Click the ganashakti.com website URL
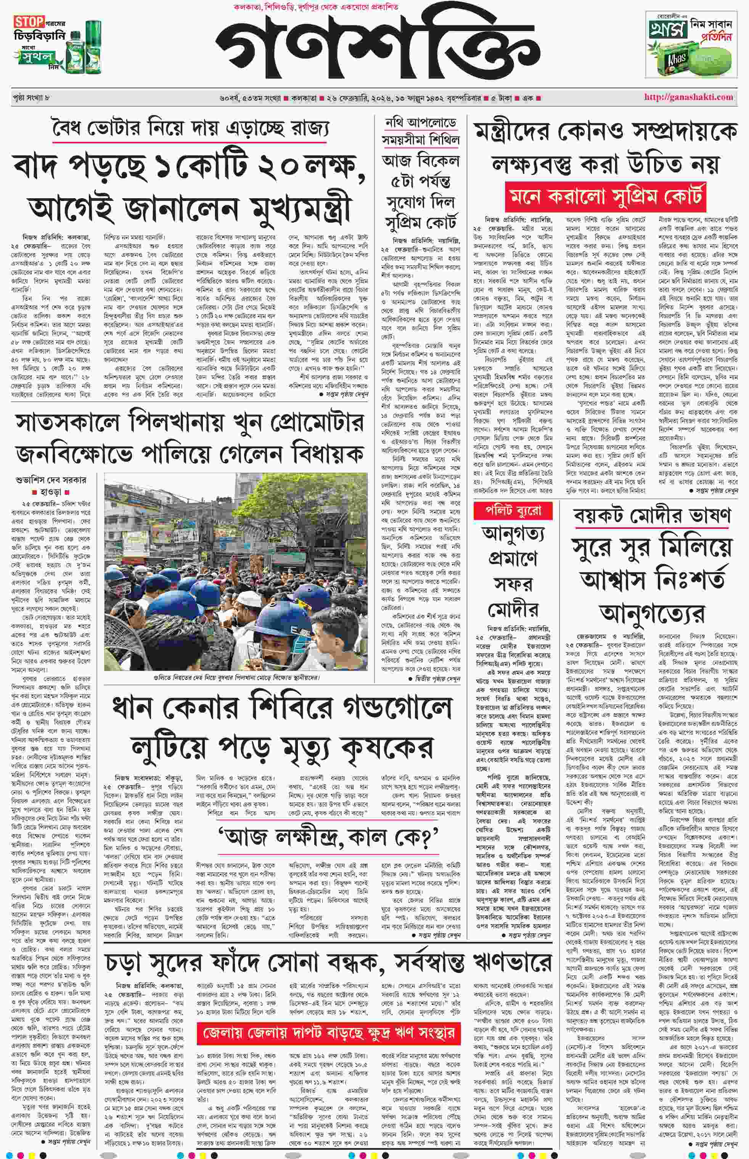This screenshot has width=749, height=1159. click(x=688, y=97)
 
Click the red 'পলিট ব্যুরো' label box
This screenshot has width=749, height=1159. click(x=514, y=511)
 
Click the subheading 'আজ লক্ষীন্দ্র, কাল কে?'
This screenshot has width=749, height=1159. click(x=328, y=837)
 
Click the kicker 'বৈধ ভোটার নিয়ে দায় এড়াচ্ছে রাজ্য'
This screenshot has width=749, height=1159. click(x=190, y=129)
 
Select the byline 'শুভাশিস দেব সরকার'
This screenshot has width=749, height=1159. click(x=51, y=480)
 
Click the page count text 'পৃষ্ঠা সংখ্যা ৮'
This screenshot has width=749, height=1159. click(x=32, y=98)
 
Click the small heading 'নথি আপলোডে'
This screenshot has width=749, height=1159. click(x=421, y=122)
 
